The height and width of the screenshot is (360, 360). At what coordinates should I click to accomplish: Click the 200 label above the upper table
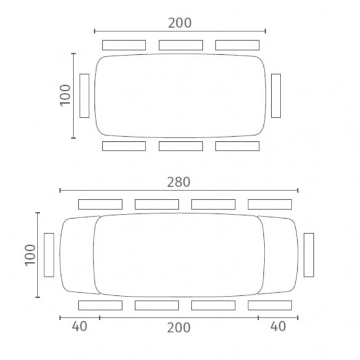[180, 23]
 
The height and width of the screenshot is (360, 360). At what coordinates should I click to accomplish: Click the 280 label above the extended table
[179, 182]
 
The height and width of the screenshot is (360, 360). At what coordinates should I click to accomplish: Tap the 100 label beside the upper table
[65, 96]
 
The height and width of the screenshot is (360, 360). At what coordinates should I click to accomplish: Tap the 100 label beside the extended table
[30, 255]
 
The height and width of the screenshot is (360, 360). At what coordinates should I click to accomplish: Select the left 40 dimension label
[80, 326]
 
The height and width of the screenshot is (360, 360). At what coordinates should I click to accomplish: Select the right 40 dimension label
[278, 326]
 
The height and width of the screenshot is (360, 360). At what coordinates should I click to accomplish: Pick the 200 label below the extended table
[179, 327]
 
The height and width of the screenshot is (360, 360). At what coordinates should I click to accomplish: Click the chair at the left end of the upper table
[84, 96]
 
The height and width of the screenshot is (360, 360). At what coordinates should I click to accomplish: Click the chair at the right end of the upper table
[276, 96]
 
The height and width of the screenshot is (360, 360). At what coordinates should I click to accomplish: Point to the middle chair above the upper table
[181, 45]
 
